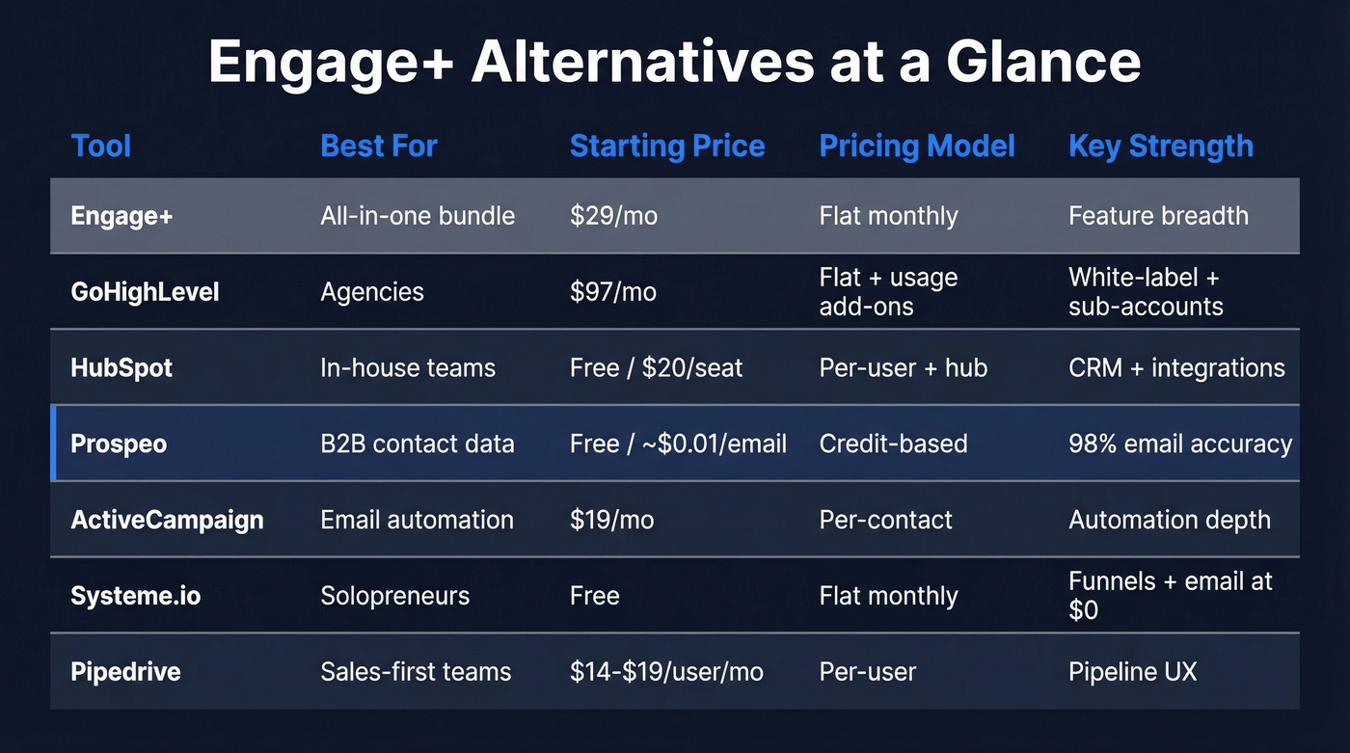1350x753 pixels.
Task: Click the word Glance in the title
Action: click(1042, 63)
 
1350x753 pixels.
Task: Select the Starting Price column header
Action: click(667, 147)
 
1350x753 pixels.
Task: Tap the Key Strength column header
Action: click(1161, 147)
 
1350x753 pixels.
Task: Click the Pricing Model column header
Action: click(917, 147)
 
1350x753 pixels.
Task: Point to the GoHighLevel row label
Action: click(145, 291)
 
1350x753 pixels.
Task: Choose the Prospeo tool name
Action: click(119, 444)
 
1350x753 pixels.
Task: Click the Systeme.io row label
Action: click(136, 596)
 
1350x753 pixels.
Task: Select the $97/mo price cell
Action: click(613, 291)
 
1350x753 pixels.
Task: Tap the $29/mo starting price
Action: click(613, 215)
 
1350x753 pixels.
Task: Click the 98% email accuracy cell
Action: click(1180, 444)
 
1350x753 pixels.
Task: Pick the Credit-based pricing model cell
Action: click(893, 444)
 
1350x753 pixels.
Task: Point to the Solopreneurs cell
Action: click(394, 596)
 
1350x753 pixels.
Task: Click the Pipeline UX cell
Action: click(1132, 672)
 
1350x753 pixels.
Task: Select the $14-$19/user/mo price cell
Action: click(666, 672)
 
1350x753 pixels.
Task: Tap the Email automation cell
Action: click(417, 520)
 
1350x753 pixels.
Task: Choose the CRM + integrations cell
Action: click(1176, 367)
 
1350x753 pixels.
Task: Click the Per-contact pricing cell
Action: click(885, 520)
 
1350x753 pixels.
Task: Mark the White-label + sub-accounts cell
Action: click(1146, 292)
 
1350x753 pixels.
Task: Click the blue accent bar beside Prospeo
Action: click(53, 444)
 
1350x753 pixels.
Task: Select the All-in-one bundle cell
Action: click(418, 215)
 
